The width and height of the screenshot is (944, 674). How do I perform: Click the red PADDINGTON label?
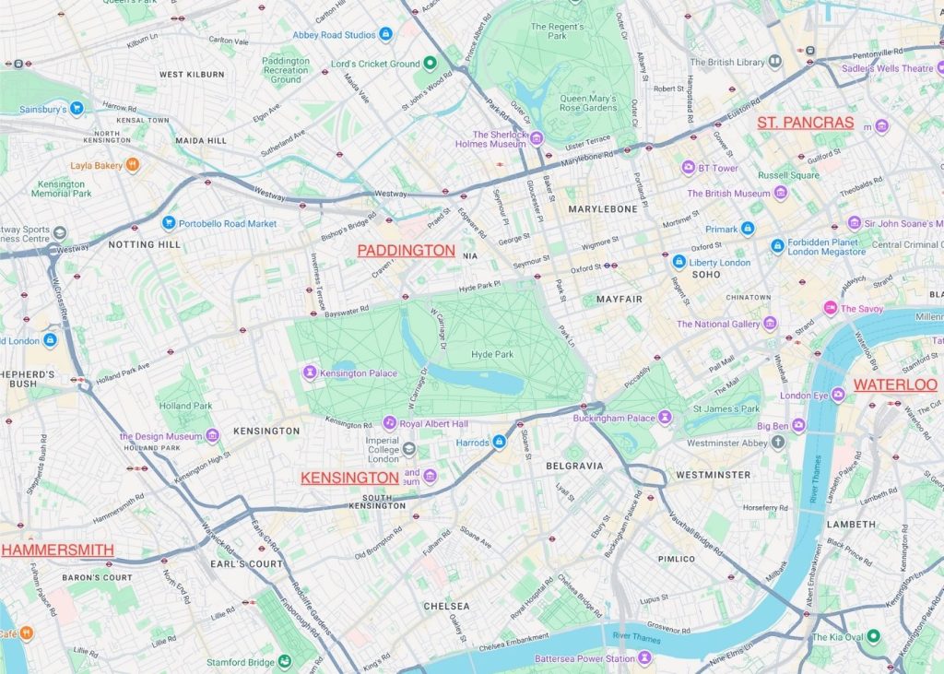point(406,251)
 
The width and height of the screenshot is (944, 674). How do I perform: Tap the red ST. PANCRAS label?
point(806,123)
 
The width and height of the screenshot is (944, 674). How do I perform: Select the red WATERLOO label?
point(894,384)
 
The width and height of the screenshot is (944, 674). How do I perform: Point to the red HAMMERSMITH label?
point(57,550)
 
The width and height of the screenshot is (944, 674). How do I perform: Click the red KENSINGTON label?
point(349,478)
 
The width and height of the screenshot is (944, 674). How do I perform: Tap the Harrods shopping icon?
point(499,443)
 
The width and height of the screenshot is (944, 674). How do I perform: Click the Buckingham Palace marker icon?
point(665,418)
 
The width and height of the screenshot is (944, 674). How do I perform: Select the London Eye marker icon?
point(838,396)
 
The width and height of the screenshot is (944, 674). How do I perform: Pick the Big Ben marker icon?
point(798,426)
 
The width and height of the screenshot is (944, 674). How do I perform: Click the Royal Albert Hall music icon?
point(389,423)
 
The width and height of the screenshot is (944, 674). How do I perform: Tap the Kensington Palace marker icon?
point(310,372)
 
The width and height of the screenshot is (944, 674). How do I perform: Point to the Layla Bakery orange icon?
point(133,165)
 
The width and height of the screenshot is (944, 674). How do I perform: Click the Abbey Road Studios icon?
point(385,34)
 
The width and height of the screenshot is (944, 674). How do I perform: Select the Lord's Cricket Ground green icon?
point(430,64)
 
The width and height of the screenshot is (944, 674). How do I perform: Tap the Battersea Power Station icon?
point(645,658)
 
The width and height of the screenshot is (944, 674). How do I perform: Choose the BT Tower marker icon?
point(688,168)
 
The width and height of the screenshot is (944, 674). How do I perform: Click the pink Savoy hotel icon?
point(831,308)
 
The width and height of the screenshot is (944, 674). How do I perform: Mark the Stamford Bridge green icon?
point(285,661)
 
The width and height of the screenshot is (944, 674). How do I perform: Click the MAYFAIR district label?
point(619,300)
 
